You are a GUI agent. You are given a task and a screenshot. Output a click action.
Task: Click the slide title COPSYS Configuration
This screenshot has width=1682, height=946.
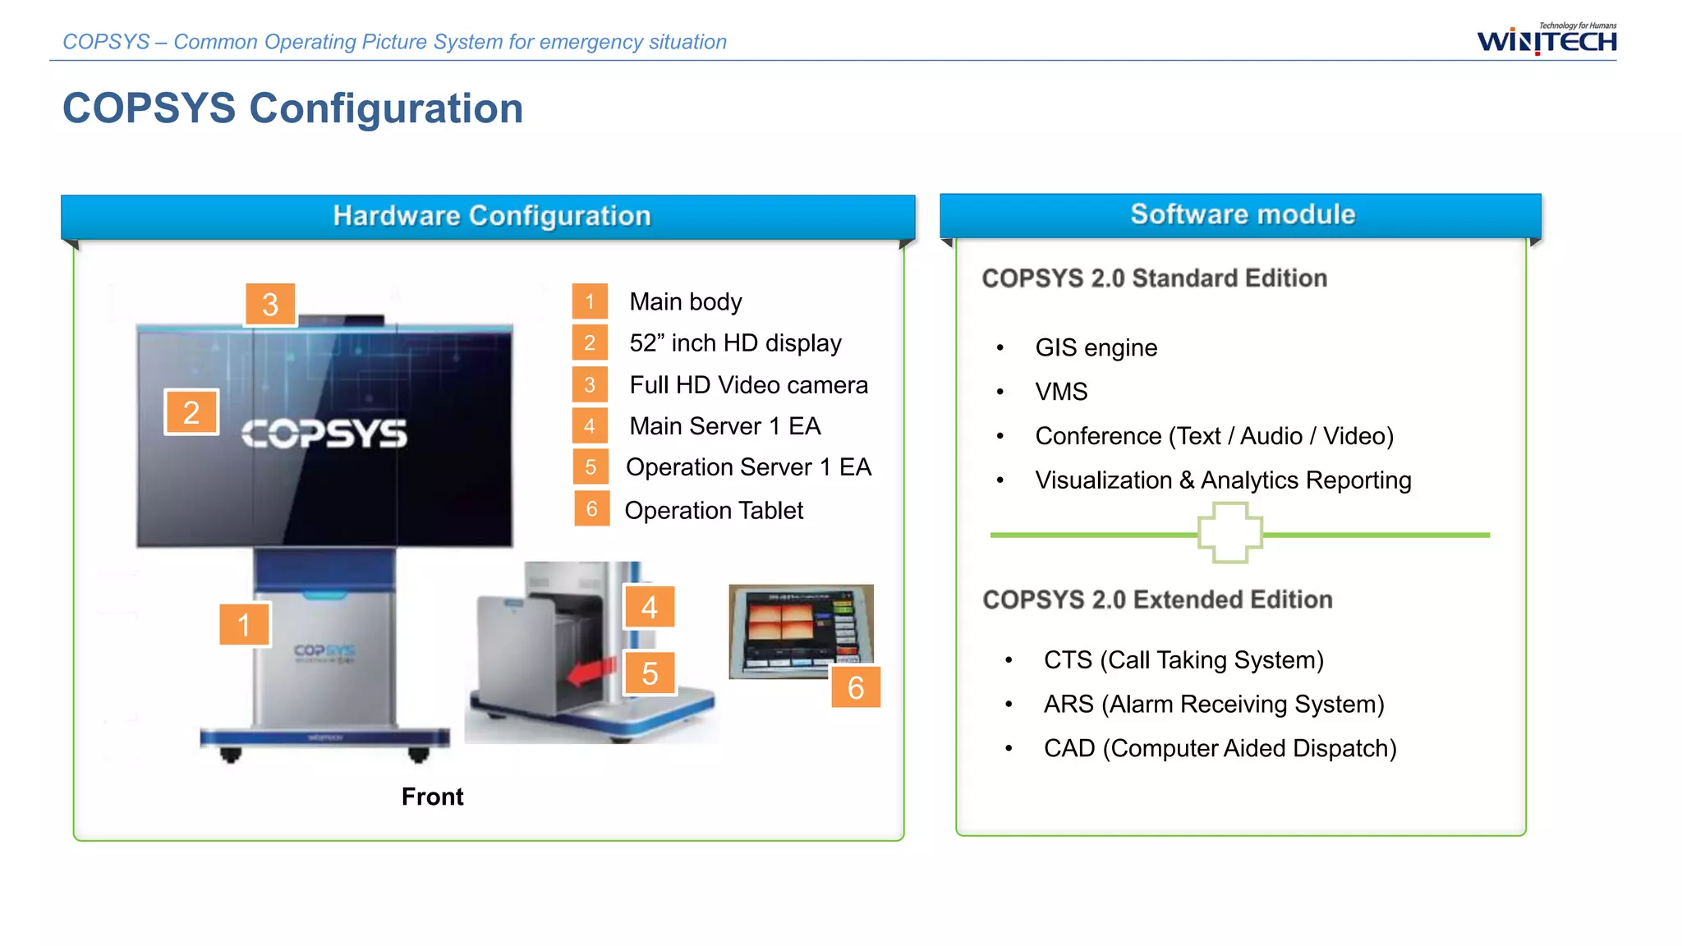(x=292, y=108)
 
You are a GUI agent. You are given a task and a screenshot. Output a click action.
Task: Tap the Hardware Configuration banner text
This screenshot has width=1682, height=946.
(x=491, y=216)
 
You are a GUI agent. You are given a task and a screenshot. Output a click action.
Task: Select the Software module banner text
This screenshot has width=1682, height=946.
(x=1242, y=214)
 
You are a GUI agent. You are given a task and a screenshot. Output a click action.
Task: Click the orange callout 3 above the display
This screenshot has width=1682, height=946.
(x=270, y=305)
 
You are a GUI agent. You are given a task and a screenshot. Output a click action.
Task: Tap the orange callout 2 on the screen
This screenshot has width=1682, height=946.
(x=191, y=412)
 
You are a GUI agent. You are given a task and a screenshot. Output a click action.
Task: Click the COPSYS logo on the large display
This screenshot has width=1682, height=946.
(x=324, y=434)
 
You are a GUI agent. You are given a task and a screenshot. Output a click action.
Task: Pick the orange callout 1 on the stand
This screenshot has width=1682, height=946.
(x=244, y=625)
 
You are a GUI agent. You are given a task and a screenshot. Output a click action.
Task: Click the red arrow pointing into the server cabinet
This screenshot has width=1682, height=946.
(x=591, y=671)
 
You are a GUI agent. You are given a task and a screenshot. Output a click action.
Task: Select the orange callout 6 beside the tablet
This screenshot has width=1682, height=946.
(x=855, y=687)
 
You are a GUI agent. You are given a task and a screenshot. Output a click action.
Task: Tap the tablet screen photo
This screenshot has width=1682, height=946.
(x=798, y=630)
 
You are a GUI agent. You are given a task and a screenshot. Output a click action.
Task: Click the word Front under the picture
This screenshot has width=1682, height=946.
(x=432, y=797)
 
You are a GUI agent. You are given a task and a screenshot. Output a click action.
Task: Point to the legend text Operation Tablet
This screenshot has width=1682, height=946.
(x=713, y=510)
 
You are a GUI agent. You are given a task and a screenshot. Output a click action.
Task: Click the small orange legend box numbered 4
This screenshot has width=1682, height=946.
(x=590, y=426)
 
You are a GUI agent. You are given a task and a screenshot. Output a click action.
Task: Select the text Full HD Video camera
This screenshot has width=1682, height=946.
(x=748, y=384)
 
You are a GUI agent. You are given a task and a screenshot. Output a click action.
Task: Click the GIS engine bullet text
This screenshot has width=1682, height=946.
(x=1096, y=347)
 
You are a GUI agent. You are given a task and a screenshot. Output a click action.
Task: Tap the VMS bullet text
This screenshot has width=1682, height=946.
(x=1061, y=392)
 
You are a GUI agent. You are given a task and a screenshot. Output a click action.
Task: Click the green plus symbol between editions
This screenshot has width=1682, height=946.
(x=1229, y=534)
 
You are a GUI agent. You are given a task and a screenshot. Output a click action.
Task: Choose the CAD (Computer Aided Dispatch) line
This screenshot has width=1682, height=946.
(x=1220, y=748)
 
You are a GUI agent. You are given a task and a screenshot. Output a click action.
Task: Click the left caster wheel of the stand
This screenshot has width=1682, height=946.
(x=231, y=754)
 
